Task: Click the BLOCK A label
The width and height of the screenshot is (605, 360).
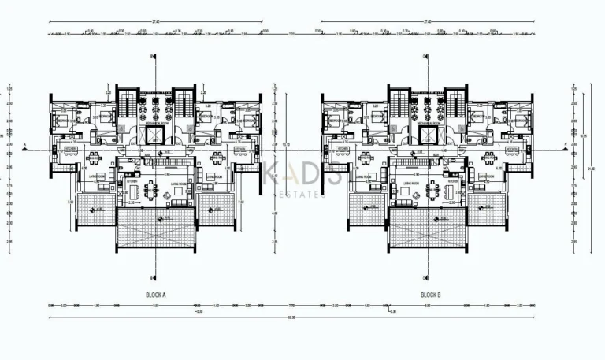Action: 155,295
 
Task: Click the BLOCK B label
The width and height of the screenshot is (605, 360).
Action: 430,295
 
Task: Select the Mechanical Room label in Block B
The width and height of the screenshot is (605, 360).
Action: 429,124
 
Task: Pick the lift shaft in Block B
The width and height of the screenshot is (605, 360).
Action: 429,135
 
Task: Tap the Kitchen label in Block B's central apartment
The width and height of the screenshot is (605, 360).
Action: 455,181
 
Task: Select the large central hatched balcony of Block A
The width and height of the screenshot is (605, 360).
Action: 156,229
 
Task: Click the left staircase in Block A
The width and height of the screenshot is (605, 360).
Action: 126,102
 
